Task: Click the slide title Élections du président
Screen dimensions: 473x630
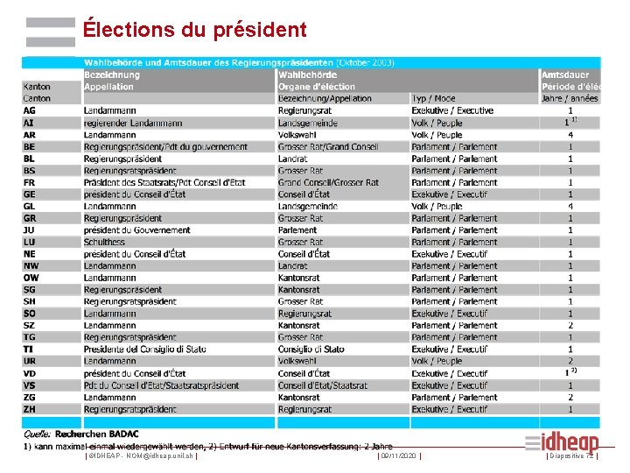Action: [194, 30]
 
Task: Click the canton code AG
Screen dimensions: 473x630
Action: [30, 111]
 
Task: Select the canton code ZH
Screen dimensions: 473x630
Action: [30, 409]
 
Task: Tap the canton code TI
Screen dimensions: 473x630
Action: [28, 349]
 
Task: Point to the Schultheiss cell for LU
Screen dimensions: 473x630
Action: [105, 243]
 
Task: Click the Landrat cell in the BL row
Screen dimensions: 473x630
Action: [293, 159]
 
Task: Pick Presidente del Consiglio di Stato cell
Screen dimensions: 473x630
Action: [145, 349]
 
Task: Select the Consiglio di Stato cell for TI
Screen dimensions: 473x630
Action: [311, 349]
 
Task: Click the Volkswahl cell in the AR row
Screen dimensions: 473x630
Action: [297, 136]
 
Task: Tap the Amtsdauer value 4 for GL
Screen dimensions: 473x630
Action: [570, 207]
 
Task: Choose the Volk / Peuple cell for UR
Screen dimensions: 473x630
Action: [437, 361]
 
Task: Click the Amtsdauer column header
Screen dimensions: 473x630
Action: [570, 75]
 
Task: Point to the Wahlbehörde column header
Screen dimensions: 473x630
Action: [308, 75]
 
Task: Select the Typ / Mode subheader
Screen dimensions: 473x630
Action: [432, 99]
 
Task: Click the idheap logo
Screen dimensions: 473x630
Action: [573, 443]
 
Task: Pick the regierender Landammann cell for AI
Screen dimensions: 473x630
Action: [133, 124]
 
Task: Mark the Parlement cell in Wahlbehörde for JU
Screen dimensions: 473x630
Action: [297, 230]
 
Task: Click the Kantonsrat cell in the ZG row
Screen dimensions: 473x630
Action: [299, 397]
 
